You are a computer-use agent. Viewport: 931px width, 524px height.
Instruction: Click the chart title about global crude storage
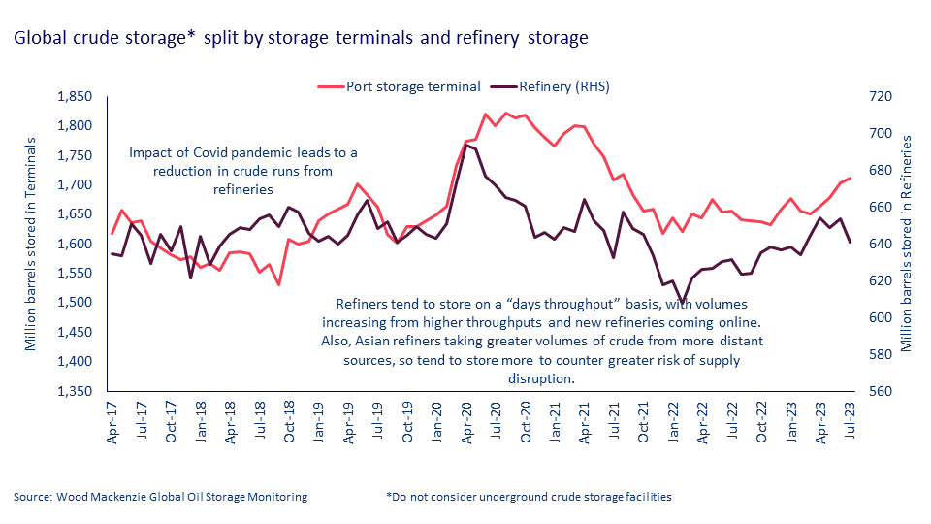click(301, 39)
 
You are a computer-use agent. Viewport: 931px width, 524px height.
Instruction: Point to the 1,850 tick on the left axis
click(74, 97)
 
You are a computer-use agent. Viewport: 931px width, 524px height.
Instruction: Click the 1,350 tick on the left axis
click(74, 392)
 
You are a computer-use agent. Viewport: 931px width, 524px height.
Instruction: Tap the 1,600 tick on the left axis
click(74, 245)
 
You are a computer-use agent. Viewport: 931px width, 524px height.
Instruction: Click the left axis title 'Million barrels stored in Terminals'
click(32, 243)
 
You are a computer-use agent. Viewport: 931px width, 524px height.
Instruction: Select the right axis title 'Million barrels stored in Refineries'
click(908, 243)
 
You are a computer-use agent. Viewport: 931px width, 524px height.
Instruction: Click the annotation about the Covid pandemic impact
click(243, 171)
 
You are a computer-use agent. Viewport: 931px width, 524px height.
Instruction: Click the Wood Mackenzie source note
click(161, 497)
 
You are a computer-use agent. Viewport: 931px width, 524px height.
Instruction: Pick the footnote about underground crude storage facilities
click(529, 497)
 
